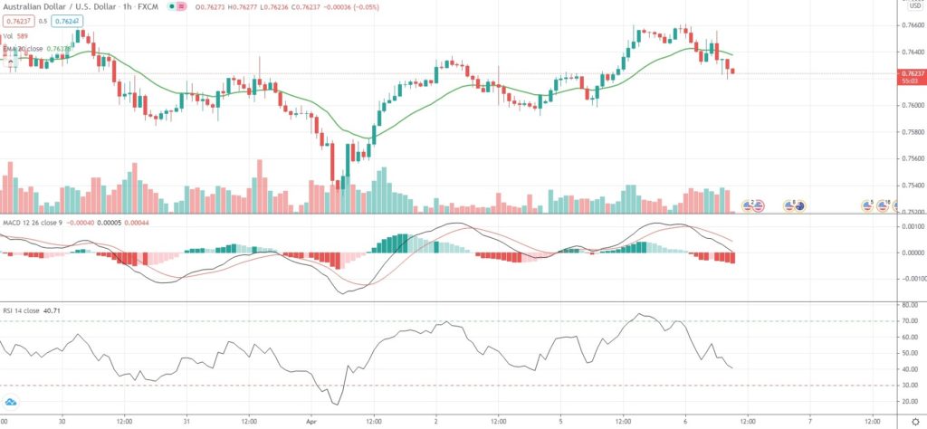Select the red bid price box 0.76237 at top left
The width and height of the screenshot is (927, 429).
coord(17,20)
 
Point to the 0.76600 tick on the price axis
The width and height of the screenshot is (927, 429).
coord(912,25)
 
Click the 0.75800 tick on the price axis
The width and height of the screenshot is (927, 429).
coord(912,131)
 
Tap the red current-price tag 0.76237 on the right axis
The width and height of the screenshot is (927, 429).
coord(912,73)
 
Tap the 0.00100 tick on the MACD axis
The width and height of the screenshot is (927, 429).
coord(911,225)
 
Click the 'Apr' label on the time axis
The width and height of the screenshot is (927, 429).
coord(311,421)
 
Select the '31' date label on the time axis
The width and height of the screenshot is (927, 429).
coord(186,421)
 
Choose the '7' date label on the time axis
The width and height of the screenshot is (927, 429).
coord(809,421)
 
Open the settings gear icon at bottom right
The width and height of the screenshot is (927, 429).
coord(914,421)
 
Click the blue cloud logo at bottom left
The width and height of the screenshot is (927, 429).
coord(12,401)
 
